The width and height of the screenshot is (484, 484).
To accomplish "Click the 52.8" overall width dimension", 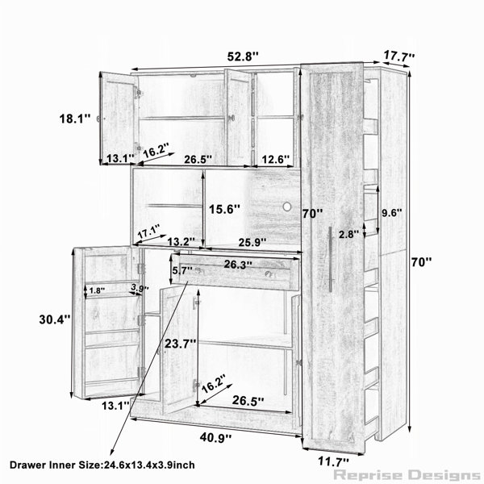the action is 243,56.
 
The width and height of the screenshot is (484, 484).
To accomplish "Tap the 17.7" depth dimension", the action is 399,56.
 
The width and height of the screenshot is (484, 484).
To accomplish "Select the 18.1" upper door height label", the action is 75,119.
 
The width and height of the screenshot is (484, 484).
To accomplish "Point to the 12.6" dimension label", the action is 276,159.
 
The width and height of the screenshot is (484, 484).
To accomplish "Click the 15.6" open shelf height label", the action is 224,209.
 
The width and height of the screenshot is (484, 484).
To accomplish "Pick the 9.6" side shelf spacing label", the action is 392,213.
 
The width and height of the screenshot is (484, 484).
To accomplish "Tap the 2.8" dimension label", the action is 348,234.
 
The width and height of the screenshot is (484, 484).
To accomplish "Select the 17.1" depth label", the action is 148,231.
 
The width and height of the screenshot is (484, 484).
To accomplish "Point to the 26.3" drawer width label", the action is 238,265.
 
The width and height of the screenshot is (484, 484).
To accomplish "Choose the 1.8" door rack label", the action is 97,290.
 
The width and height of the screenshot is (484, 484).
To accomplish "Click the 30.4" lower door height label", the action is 55,319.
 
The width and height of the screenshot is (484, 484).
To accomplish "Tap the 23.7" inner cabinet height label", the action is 180,344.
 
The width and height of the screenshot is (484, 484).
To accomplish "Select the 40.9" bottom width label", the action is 215,437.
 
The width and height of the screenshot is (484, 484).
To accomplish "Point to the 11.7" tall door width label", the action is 333,462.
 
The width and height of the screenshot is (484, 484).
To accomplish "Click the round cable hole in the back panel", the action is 286,207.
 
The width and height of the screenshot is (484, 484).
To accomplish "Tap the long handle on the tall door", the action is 330,259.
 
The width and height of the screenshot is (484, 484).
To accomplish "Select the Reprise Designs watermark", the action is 407,475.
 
